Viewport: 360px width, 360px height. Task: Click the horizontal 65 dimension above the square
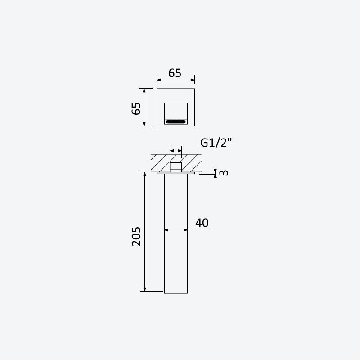[175, 73]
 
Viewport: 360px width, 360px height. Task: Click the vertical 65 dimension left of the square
[136, 108]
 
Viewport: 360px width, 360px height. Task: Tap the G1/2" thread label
[216, 143]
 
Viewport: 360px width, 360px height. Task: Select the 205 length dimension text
[136, 236]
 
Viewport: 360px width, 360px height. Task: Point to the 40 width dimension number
[202, 223]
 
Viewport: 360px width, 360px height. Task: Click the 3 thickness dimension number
[224, 173]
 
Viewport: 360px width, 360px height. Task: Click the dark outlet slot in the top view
[176, 121]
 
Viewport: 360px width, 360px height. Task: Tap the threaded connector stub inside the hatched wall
[176, 167]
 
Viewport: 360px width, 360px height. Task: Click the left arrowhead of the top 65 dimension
[159, 80]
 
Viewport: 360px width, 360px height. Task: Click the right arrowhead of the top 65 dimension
[193, 80]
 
